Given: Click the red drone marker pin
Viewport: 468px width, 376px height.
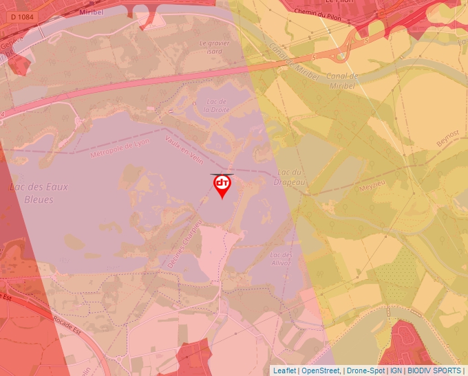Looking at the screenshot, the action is (222, 185).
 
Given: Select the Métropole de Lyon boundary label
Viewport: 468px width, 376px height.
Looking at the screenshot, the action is (119, 148).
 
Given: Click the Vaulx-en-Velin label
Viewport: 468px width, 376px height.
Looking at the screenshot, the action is (185, 149).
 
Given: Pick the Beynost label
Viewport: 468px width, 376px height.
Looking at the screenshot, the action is (447, 137).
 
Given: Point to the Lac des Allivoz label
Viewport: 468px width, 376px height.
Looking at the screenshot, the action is (281, 259).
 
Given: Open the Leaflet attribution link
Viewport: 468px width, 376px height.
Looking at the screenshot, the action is (284, 371).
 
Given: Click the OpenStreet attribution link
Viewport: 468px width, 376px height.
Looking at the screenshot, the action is (321, 371).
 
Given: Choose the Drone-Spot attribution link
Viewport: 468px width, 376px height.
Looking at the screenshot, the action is (365, 371).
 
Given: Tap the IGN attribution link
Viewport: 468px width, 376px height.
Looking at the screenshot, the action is (396, 371).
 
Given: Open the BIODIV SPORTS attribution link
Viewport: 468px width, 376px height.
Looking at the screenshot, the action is (434, 371).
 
